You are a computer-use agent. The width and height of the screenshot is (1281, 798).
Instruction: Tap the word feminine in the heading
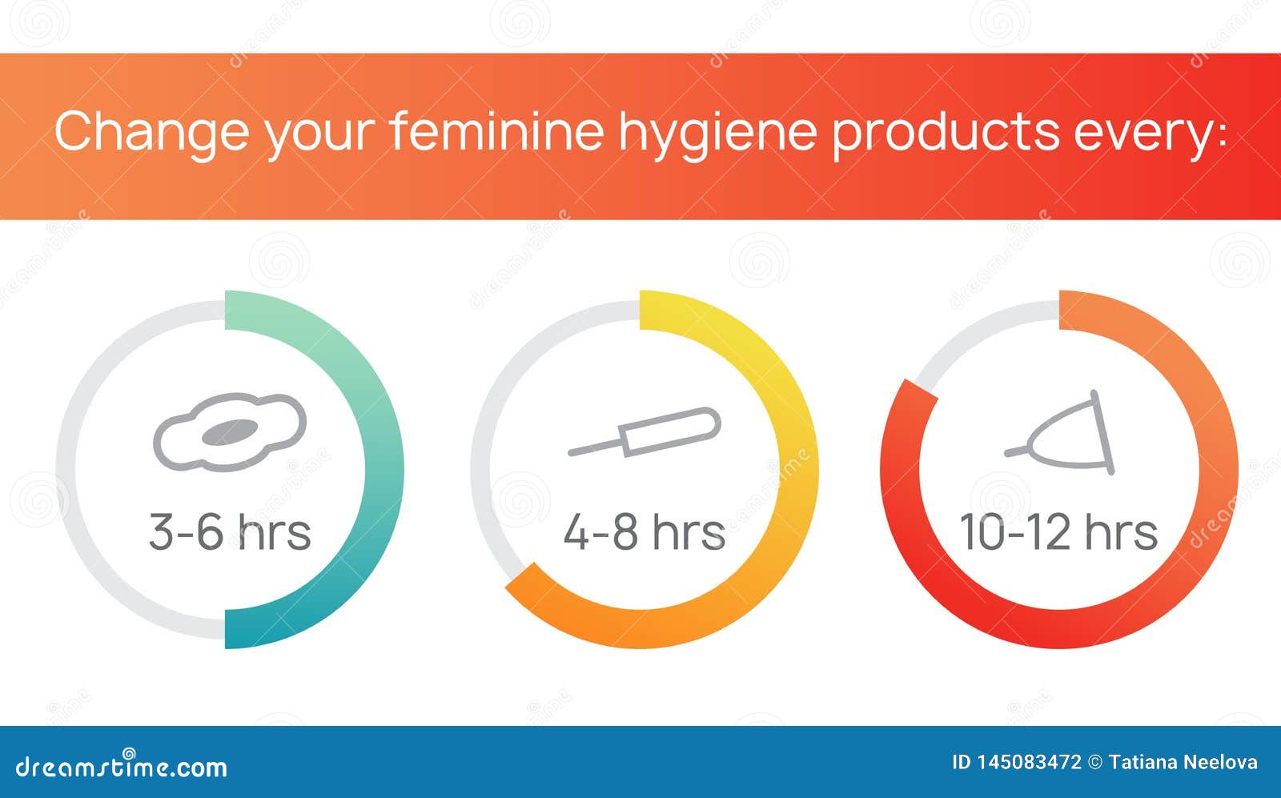click(x=496, y=131)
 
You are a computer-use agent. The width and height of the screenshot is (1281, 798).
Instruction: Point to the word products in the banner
click(x=946, y=135)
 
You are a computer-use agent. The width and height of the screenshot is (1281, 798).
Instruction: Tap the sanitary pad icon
click(x=230, y=431)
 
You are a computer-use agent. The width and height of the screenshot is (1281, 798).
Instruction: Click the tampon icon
click(x=645, y=432)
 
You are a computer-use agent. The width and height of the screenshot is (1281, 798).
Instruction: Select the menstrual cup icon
click(x=1060, y=433)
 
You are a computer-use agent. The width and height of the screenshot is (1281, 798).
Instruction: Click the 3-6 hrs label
click(x=230, y=532)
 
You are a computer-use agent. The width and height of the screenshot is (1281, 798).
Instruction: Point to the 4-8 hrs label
click(x=645, y=532)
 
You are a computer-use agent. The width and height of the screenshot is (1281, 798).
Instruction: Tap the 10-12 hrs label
click(x=1058, y=532)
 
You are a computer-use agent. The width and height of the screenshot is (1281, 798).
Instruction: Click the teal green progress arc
click(x=385, y=469)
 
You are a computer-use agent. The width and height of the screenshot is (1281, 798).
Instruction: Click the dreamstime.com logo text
click(x=121, y=765)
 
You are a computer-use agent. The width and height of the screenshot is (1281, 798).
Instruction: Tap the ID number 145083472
click(x=1028, y=762)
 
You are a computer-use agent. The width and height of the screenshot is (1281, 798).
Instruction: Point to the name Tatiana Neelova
click(x=1183, y=762)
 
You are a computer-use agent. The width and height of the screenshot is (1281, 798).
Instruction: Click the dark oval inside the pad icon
click(x=230, y=431)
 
